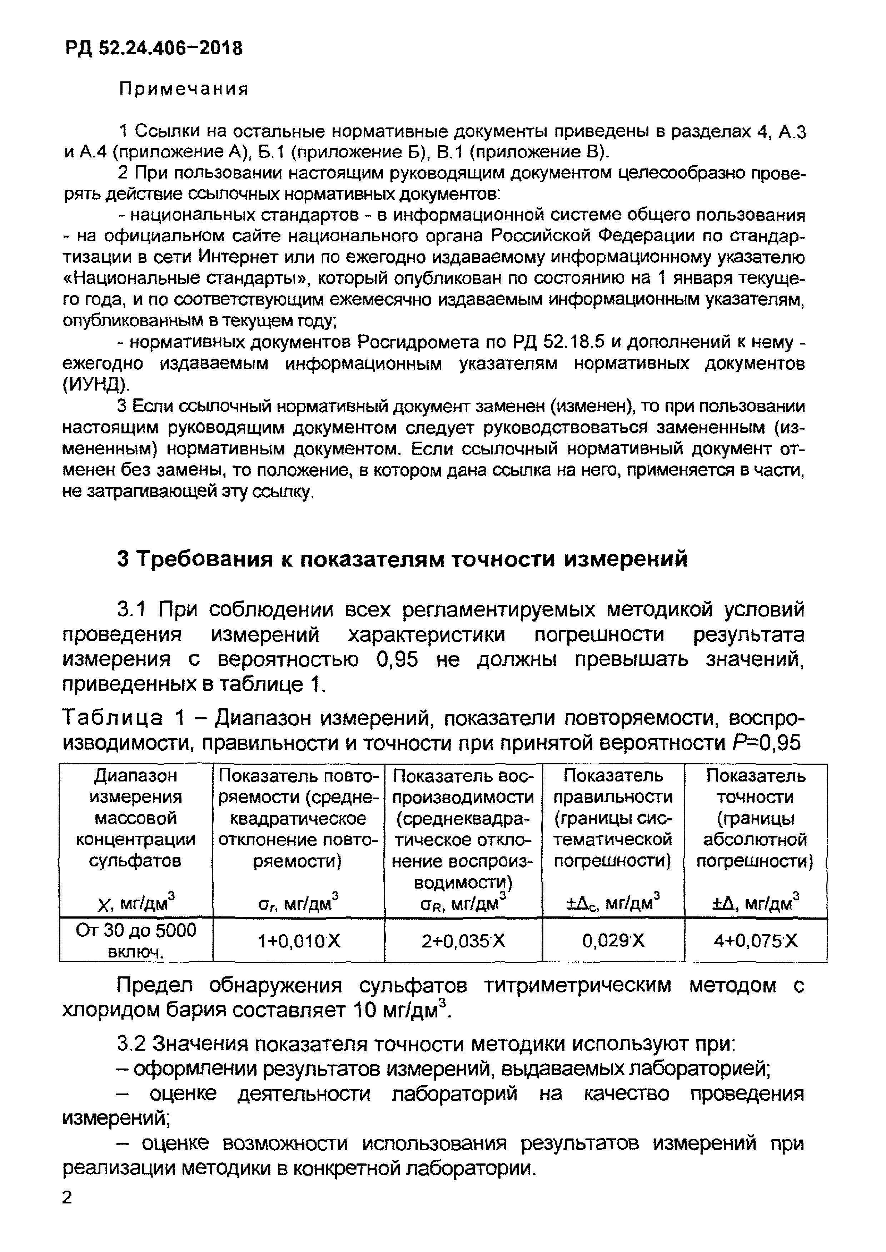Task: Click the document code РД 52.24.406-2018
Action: point(154,49)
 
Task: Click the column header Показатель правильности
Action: point(613,786)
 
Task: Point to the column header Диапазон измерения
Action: point(136,786)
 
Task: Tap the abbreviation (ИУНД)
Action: point(96,385)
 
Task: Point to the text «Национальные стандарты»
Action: point(186,279)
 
